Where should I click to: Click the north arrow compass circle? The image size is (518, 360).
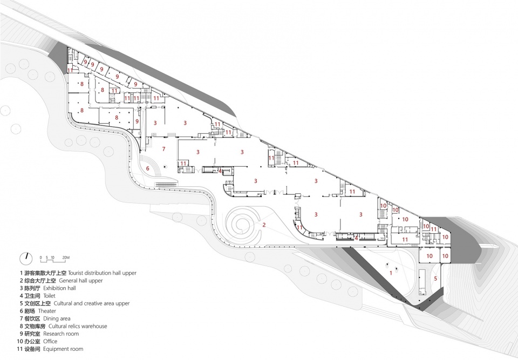tap(26, 259)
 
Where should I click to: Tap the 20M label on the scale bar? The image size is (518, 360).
tap(66, 257)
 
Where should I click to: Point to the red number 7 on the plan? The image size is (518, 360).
tap(163, 149)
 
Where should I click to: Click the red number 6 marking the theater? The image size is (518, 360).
tap(148, 168)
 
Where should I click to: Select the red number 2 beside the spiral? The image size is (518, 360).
tap(264, 225)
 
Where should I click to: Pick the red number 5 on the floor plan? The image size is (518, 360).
tap(435, 279)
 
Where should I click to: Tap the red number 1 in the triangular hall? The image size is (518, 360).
tap(391, 273)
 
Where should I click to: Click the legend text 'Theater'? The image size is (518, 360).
tap(47, 311)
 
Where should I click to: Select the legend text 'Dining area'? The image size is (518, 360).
tap(57, 318)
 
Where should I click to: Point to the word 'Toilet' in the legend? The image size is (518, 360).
tap(49, 296)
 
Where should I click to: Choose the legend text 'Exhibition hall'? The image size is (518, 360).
tap(59, 288)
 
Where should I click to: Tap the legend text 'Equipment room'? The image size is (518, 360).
tap(63, 349)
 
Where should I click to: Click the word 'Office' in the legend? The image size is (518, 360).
tap(50, 342)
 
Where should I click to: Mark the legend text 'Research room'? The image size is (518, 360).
tap(61, 334)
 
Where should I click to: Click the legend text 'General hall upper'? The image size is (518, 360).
tap(81, 281)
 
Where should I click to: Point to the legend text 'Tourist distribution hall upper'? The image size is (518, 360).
tap(103, 273)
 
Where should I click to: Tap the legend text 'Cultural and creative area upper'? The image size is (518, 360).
tap(92, 303)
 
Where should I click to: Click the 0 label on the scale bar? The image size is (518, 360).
tap(40, 257)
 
